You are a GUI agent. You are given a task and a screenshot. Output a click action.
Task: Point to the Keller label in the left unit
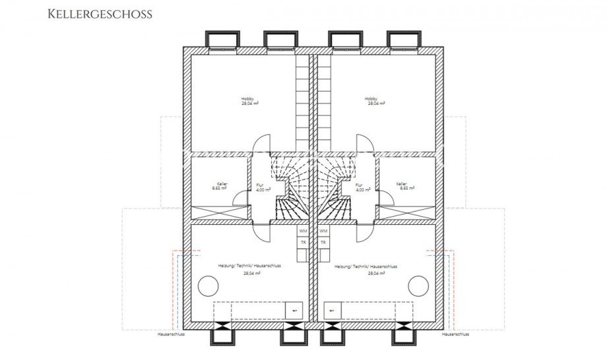point(219,184)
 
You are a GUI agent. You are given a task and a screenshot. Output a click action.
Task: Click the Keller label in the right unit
point(401,184)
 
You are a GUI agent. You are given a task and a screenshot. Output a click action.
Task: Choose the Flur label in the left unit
point(259,185)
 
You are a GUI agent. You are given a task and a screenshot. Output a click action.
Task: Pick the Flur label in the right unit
point(359,185)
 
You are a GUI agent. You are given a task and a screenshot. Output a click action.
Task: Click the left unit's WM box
point(303,231)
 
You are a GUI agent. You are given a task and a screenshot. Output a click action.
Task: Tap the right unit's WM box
point(323,231)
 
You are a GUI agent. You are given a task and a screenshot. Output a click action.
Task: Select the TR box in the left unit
point(303,242)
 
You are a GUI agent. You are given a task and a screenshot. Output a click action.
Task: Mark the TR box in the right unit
point(323,242)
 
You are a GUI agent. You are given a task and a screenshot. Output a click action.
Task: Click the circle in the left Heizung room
point(208,285)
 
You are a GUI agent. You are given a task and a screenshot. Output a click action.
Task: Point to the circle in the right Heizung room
point(418,285)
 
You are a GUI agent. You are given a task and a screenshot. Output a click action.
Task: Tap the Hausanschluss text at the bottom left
point(171,334)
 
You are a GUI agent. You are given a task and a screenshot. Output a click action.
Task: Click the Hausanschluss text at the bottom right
point(455,334)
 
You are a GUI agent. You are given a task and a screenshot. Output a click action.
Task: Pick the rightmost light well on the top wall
point(402,40)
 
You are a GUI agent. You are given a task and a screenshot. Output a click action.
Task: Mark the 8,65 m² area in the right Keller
point(406,189)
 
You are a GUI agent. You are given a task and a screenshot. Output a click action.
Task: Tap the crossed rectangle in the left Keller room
point(220,214)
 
